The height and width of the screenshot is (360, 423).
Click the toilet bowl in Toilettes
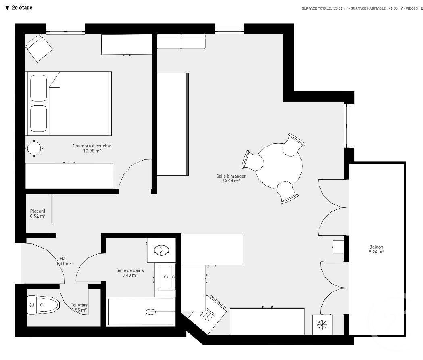[44, 305]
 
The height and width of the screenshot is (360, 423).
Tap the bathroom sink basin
[167, 276]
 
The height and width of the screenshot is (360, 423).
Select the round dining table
[280, 165]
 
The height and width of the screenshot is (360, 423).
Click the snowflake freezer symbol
[322, 324]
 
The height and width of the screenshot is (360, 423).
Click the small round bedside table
[34, 148]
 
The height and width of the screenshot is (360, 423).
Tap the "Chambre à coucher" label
[92, 146]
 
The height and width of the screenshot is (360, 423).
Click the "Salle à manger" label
[231, 176]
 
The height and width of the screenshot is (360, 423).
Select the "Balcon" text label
[376, 247]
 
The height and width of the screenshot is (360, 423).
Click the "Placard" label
[38, 211]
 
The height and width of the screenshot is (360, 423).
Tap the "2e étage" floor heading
[22, 8]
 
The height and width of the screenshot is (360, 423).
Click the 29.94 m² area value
[231, 181]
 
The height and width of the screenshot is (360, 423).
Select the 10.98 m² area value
[92, 151]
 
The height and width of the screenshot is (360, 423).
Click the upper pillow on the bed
[39, 88]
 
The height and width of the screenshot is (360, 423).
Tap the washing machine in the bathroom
[161, 250]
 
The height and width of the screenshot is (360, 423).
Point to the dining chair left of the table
[253, 161]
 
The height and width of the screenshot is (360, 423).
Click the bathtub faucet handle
[151, 312]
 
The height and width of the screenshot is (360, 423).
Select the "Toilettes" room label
[79, 305]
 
